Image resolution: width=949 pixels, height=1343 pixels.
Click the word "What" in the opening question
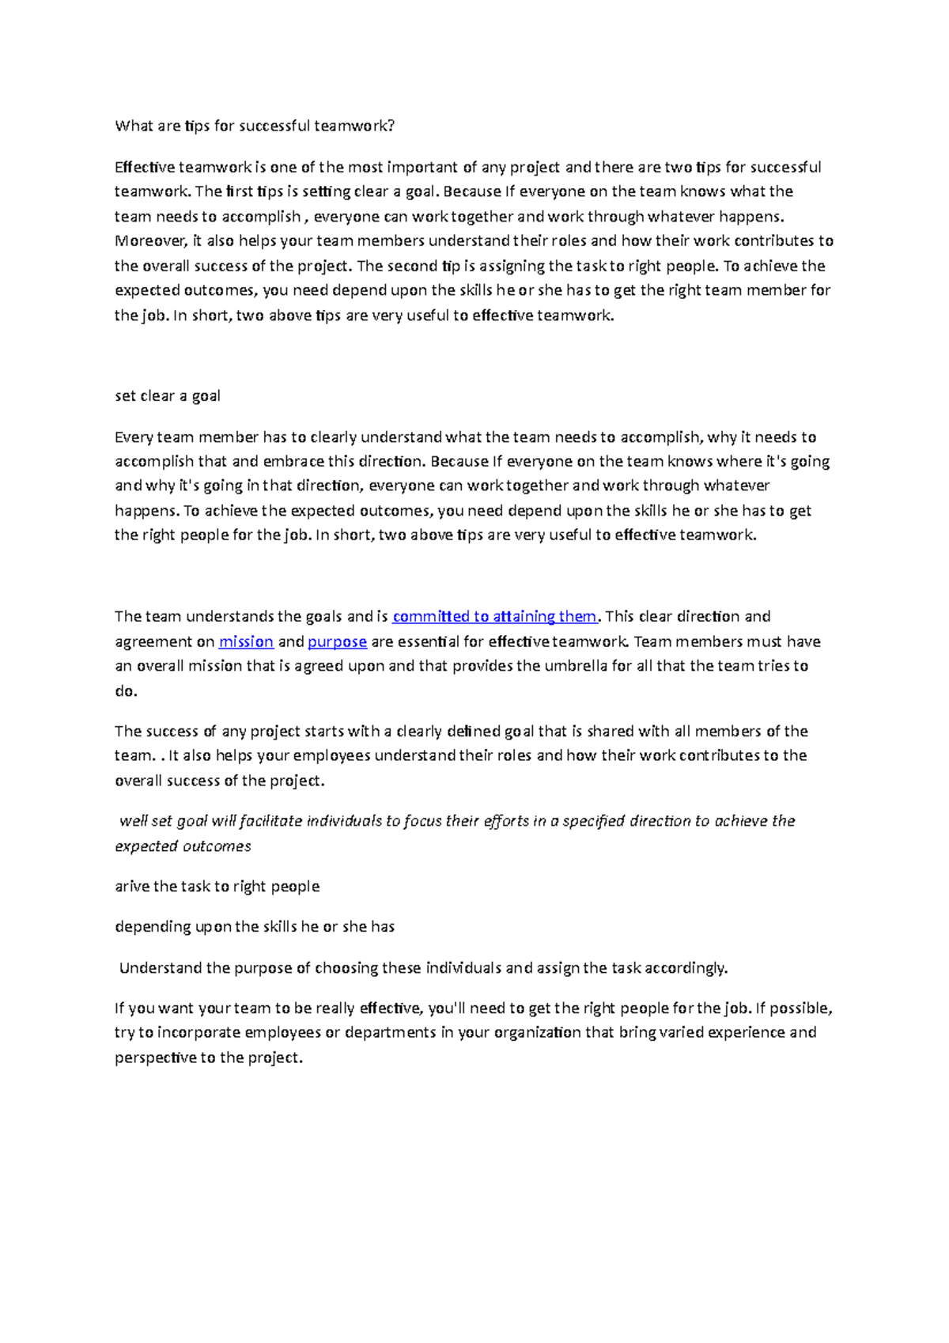click(x=131, y=126)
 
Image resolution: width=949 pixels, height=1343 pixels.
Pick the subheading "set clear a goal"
click(x=168, y=396)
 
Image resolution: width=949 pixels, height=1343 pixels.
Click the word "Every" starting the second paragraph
click(x=133, y=437)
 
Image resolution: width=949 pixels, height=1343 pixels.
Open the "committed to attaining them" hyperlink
click(x=494, y=617)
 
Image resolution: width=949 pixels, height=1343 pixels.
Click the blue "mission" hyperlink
click(x=246, y=642)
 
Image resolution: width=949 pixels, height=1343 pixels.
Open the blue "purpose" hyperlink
click(x=337, y=642)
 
